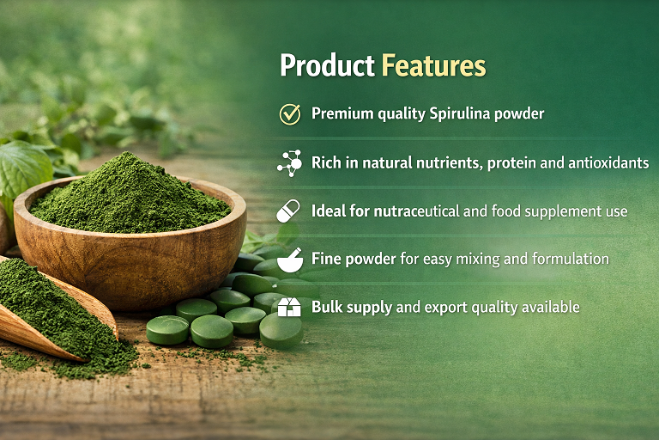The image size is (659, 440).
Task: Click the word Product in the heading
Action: [x=326, y=66]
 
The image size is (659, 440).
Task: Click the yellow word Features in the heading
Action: [x=433, y=66]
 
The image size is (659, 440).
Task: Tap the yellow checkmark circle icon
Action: [x=289, y=113]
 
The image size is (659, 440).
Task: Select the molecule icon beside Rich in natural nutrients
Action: [x=289, y=162]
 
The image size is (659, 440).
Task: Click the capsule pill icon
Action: [x=288, y=211]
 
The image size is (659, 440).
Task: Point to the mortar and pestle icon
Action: [x=289, y=259]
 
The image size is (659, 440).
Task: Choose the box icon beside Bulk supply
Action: [x=289, y=307]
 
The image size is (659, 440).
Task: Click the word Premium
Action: [x=340, y=113]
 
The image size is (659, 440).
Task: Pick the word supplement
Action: [x=547, y=211]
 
